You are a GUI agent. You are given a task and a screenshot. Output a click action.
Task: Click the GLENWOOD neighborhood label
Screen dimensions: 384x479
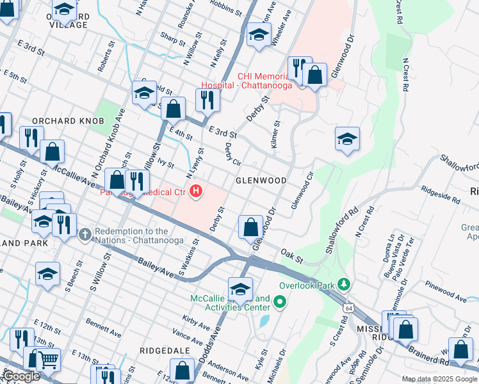point(261,180)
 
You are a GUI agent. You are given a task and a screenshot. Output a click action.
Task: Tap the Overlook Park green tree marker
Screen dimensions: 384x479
point(344,284)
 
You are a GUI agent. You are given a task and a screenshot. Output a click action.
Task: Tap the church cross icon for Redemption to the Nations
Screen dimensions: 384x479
point(85,234)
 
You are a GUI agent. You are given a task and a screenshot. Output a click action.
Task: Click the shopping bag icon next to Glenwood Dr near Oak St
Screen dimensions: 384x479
point(250,227)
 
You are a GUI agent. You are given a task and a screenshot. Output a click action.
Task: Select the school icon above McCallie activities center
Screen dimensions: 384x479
point(240,289)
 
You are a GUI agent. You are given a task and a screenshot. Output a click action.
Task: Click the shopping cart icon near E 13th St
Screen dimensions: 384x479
point(49,360)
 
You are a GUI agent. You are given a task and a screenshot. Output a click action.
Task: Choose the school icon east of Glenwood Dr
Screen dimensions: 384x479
point(347,139)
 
